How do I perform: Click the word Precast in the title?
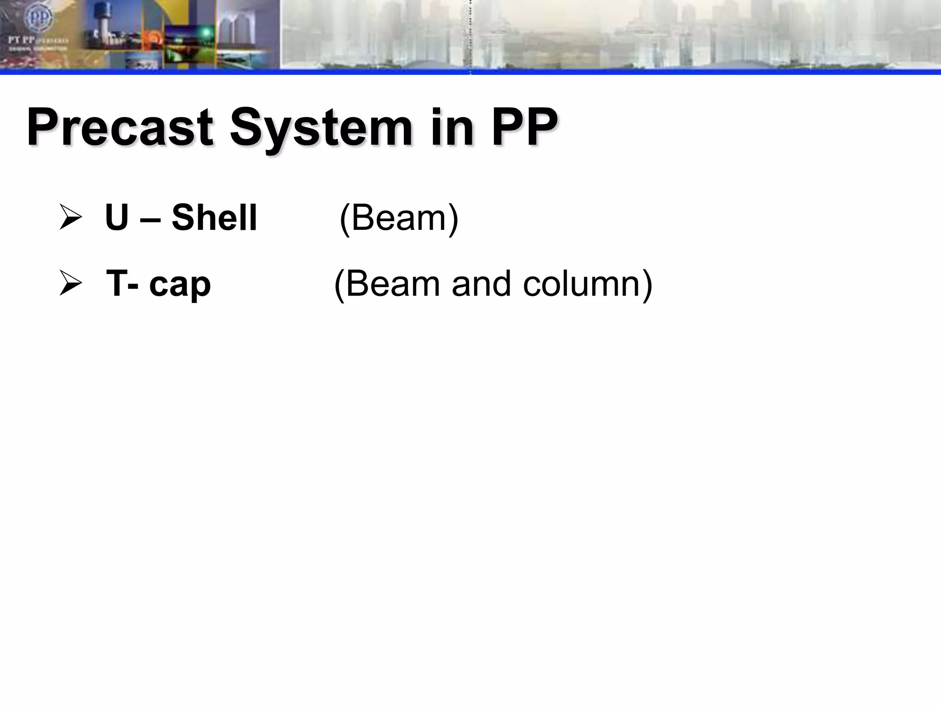click(119, 127)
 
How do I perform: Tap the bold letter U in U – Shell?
click(116, 217)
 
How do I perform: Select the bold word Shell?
click(214, 217)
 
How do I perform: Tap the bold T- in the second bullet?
click(123, 284)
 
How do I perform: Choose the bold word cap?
click(180, 285)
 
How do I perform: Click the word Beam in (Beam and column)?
click(392, 284)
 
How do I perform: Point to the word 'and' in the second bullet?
click(481, 284)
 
